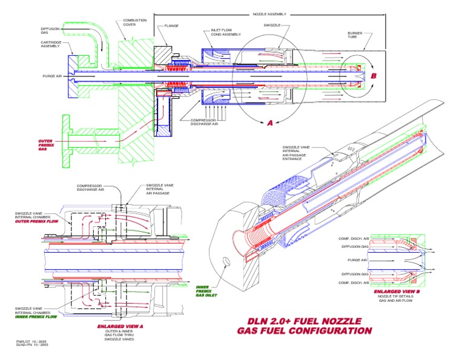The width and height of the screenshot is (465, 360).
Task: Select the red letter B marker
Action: pyautogui.click(x=374, y=76)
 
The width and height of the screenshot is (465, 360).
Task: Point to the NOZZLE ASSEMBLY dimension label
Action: pyautogui.click(x=268, y=13)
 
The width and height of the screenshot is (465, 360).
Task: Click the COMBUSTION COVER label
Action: pyautogui.click(x=134, y=23)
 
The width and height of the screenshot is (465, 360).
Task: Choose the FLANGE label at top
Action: pyautogui.click(x=171, y=26)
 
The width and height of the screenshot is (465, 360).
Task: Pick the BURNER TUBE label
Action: pyautogui.click(x=355, y=35)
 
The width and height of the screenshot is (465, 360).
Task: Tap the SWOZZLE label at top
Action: pyautogui.click(x=272, y=25)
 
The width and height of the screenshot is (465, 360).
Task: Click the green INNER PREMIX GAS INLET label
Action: pyautogui.click(x=205, y=290)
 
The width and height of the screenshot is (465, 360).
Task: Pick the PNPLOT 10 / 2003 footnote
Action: pyautogui.click(x=31, y=342)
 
